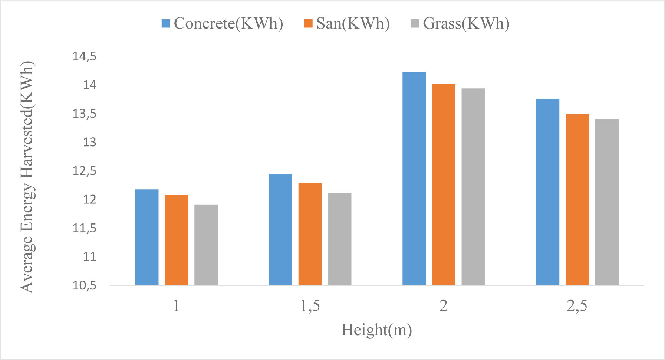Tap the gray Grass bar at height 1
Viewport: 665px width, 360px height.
click(x=206, y=245)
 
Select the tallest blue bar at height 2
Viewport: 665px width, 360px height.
click(x=414, y=178)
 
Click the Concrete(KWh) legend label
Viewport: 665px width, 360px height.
click(x=228, y=23)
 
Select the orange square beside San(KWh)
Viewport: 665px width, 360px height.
click(x=308, y=23)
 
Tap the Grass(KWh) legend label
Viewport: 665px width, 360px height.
click(x=466, y=23)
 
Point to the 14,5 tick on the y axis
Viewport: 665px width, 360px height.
click(x=85, y=56)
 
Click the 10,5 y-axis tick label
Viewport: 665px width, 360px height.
click(x=85, y=285)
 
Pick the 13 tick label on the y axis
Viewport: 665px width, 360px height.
click(x=89, y=142)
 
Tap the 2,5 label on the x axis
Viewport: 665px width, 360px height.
click(x=577, y=306)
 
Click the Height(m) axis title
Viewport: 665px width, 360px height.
click(x=376, y=330)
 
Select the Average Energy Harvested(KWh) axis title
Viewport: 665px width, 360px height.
click(x=27, y=177)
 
